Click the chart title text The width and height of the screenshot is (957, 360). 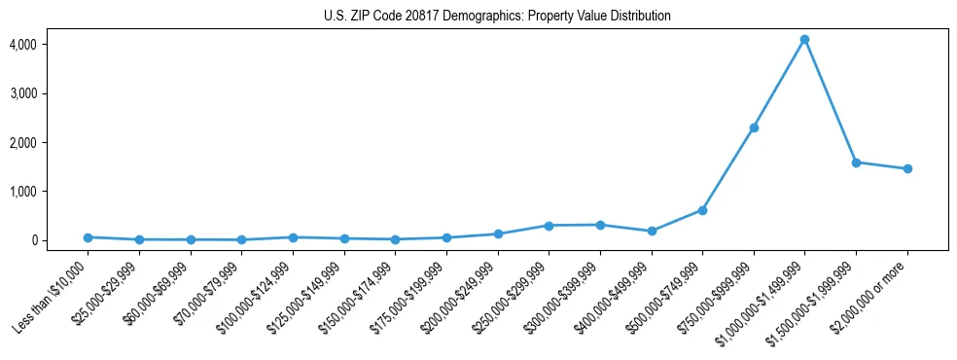497,17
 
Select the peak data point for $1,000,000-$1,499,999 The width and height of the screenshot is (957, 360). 804,40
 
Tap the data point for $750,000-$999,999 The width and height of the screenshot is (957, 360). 754,127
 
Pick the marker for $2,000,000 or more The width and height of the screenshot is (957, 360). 907,168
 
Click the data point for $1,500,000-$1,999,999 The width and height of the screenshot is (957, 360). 856,162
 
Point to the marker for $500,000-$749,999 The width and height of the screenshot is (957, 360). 702,210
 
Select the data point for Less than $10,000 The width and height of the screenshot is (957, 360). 88,237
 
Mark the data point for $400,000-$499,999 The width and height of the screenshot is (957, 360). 652,231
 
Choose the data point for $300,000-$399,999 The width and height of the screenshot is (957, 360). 600,225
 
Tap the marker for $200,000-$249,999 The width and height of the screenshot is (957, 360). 498,234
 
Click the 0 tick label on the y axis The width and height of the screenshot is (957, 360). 32,240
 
